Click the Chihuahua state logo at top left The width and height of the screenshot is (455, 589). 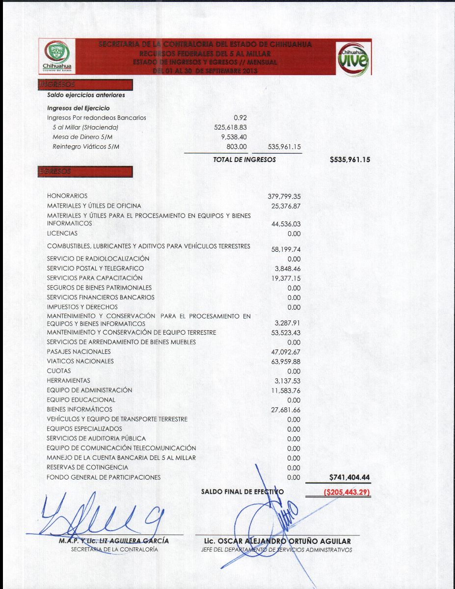57,56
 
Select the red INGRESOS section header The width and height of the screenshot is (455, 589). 85,85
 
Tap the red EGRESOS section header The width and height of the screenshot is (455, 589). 85,171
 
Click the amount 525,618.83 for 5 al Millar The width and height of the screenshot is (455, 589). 230,127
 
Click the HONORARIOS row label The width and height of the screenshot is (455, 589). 67,196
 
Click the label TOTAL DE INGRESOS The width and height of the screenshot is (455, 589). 244,160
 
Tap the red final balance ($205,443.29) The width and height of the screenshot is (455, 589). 347,492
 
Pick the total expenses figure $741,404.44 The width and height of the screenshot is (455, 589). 349,477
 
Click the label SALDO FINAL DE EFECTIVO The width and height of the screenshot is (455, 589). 242,491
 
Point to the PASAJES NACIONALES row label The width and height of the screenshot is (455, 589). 79,351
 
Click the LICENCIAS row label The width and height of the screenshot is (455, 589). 62,233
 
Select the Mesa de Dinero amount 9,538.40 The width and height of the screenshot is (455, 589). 234,137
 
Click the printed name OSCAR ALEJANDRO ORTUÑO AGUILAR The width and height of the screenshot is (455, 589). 277,541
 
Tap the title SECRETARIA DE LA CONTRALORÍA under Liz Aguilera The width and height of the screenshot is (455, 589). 114,550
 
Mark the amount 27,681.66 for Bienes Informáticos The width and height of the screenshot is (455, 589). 286,409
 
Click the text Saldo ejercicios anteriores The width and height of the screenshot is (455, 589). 86,95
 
